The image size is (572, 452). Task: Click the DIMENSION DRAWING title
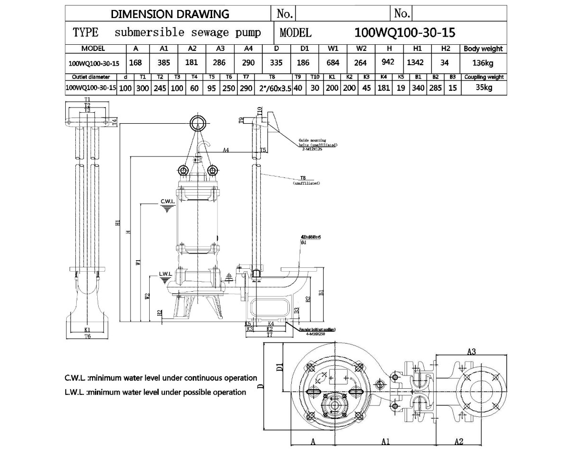click(170, 14)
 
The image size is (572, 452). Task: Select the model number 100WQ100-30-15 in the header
click(405, 32)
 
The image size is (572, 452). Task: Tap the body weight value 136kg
click(483, 63)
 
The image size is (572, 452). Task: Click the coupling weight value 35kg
click(483, 88)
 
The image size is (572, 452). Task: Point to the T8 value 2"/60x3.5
click(272, 88)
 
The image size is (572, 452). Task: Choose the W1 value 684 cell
click(333, 62)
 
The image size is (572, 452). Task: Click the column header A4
click(248, 49)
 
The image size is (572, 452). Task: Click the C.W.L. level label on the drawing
click(168, 202)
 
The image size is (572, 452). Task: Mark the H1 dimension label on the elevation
click(117, 224)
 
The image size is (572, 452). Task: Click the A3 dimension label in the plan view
click(471, 352)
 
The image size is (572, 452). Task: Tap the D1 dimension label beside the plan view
click(280, 366)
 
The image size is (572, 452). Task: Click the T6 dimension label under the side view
click(87, 336)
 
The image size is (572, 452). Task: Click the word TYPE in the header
click(86, 32)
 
